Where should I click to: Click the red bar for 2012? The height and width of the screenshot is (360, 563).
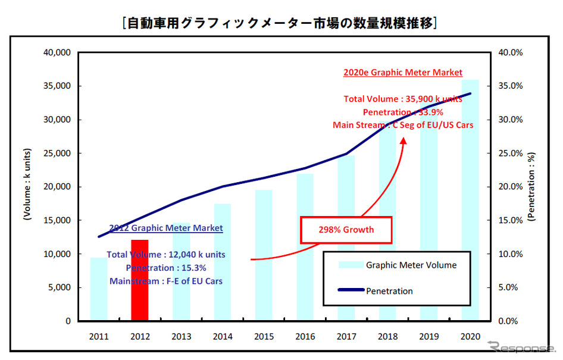point(140,280)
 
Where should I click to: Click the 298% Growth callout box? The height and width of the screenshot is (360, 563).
point(346,229)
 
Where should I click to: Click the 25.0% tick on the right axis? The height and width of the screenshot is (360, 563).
point(509,153)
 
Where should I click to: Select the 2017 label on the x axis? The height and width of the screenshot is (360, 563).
point(346,336)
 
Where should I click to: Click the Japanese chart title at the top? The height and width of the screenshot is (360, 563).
point(280,23)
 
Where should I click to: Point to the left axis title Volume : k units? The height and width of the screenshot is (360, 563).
point(27,186)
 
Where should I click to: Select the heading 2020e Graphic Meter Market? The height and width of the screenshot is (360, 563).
point(403,73)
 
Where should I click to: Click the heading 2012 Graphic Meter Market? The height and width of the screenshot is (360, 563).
point(166,228)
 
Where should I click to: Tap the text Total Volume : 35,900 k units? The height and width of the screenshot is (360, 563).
point(403,99)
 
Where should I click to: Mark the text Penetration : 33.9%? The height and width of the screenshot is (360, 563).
point(403,112)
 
